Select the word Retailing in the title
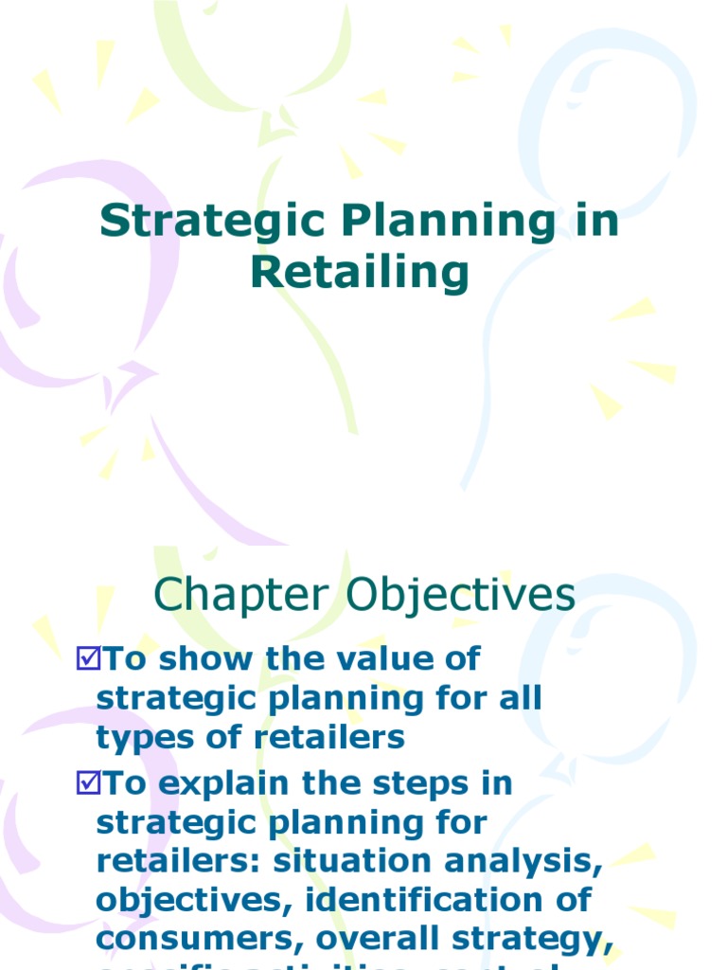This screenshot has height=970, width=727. (x=360, y=273)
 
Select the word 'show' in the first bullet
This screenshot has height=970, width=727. (x=192, y=657)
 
